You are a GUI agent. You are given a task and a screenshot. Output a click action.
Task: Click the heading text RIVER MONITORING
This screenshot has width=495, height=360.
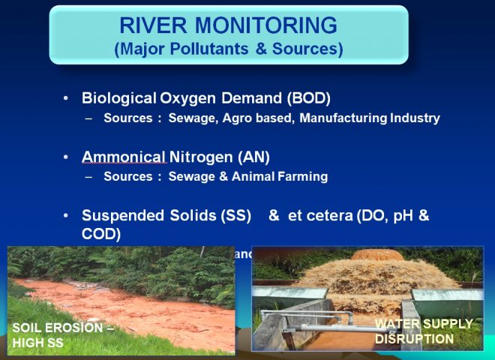click(228, 26)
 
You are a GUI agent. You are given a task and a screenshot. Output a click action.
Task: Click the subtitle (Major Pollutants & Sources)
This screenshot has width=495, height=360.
click(228, 50)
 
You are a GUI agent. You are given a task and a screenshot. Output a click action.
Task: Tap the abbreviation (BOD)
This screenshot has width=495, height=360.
click(309, 99)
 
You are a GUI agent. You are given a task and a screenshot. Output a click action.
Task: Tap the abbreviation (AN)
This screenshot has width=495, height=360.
click(251, 157)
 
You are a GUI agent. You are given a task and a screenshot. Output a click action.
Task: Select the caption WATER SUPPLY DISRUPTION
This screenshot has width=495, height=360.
click(424, 331)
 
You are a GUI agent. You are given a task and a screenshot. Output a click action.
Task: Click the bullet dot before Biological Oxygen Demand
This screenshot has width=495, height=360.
click(67, 99)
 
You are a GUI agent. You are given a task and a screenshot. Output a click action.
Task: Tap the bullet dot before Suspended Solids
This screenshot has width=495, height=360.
click(67, 216)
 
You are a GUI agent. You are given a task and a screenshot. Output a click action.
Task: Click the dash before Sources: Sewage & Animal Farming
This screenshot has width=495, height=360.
click(89, 177)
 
